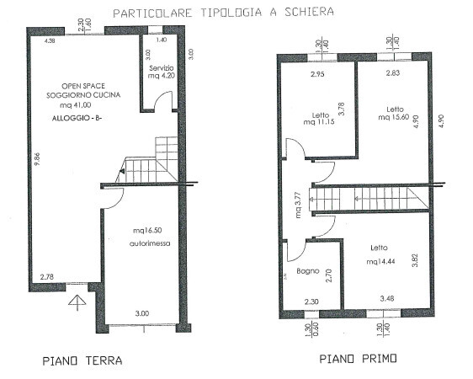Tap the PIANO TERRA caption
pos(82,360)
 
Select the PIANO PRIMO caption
pos(359,360)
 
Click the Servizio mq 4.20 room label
pos(161,72)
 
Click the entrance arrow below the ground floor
pos(77,303)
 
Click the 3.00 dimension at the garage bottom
pos(143,314)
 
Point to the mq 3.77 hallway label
pos(297,205)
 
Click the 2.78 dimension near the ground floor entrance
pos(48,277)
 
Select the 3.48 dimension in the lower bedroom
pos(387,298)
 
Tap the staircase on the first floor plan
pos(370,200)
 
